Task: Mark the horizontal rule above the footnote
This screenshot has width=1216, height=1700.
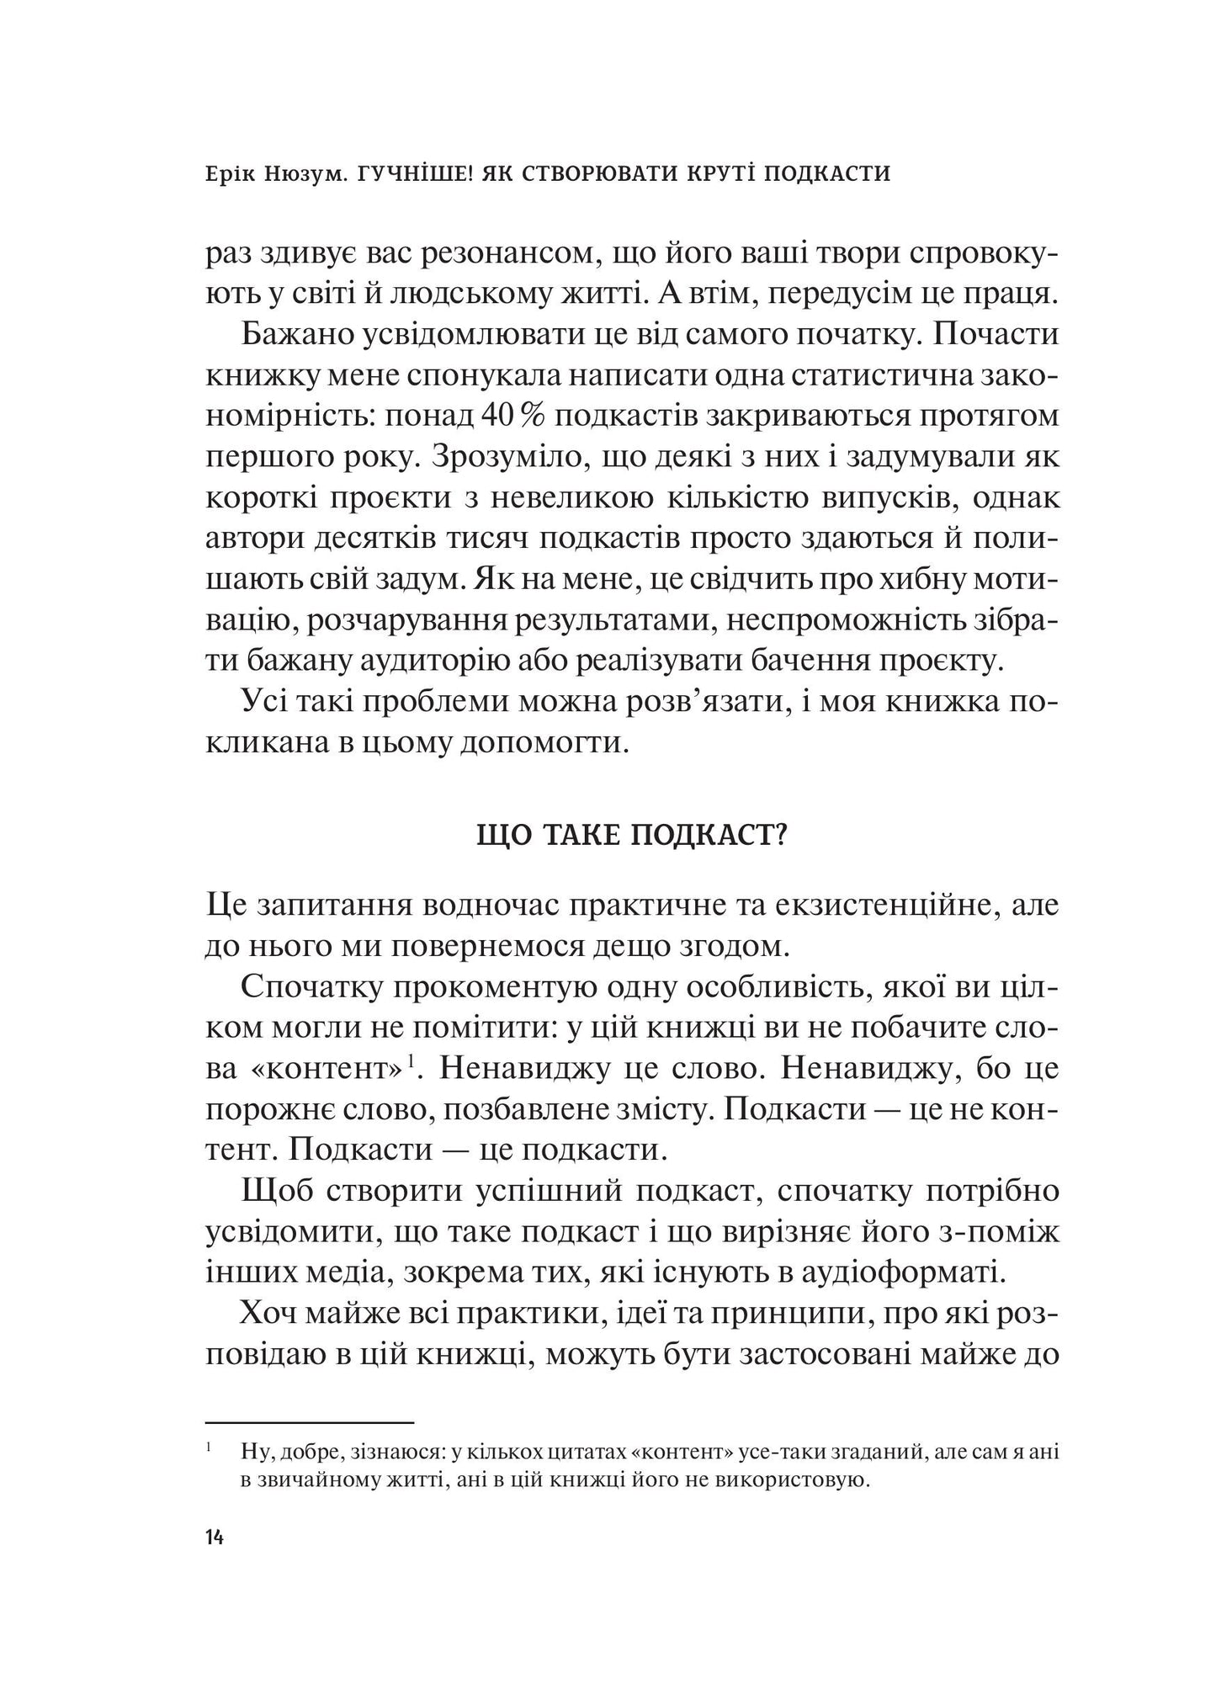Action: coord(310,1422)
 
